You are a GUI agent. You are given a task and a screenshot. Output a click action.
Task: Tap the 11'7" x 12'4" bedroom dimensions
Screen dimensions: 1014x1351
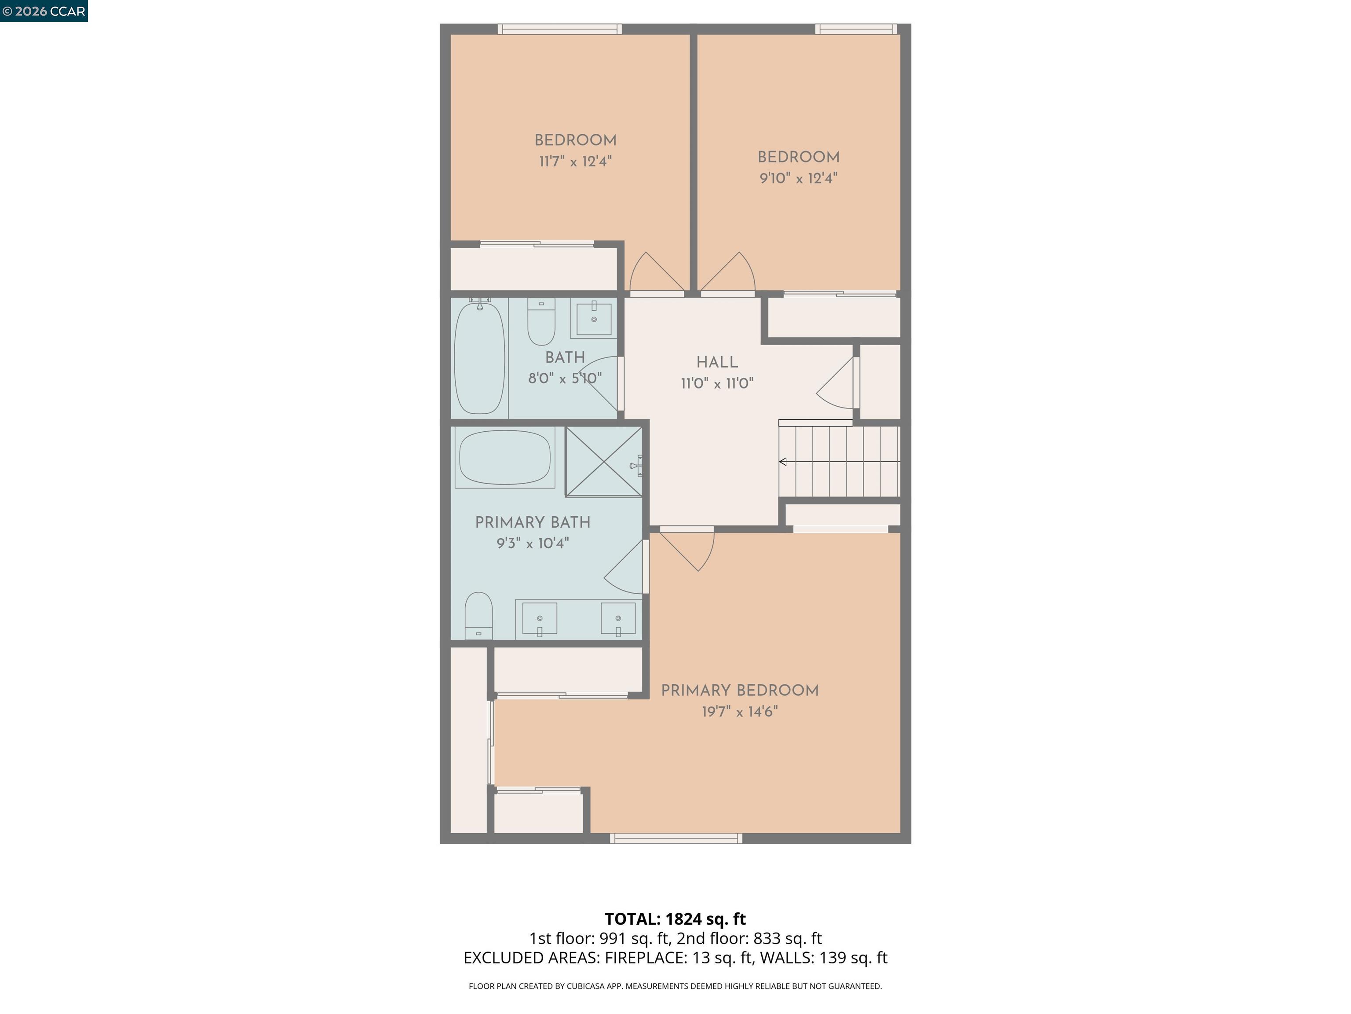point(575,162)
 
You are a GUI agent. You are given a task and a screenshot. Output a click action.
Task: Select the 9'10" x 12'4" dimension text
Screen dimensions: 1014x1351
point(798,179)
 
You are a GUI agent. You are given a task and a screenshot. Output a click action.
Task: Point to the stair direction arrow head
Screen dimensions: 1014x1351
point(782,462)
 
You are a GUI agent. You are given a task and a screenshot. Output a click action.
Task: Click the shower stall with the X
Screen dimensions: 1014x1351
point(603,461)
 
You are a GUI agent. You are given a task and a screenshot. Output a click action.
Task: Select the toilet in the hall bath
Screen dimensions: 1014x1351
point(541,322)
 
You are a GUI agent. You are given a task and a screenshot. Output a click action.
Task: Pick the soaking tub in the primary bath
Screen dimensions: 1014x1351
point(504,457)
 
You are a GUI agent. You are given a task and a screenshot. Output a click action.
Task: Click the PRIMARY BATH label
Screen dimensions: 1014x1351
point(533,522)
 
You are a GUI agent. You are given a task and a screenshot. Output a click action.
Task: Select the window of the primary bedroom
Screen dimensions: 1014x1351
point(675,838)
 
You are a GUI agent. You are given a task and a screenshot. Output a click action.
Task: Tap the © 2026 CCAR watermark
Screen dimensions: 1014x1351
point(44,11)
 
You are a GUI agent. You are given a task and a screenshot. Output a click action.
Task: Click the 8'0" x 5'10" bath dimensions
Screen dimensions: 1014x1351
point(564,378)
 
